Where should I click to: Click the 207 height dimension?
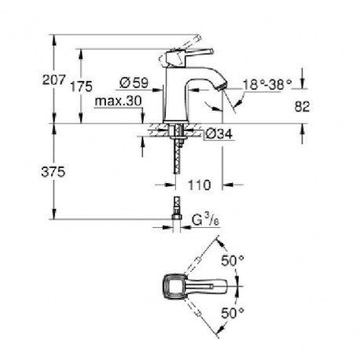[53, 79]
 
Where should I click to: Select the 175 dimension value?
[81, 86]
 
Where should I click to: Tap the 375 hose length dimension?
[53, 172]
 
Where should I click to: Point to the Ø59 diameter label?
[134, 83]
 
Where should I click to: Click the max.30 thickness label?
[118, 101]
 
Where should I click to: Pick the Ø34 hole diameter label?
[219, 134]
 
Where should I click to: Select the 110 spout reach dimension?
[199, 185]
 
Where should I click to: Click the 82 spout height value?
[302, 107]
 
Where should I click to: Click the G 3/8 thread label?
[205, 220]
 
